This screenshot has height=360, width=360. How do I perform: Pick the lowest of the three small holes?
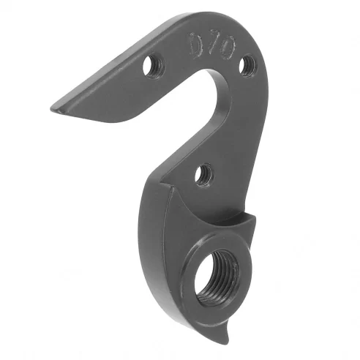203,174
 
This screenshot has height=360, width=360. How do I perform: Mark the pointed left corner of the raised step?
170,189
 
